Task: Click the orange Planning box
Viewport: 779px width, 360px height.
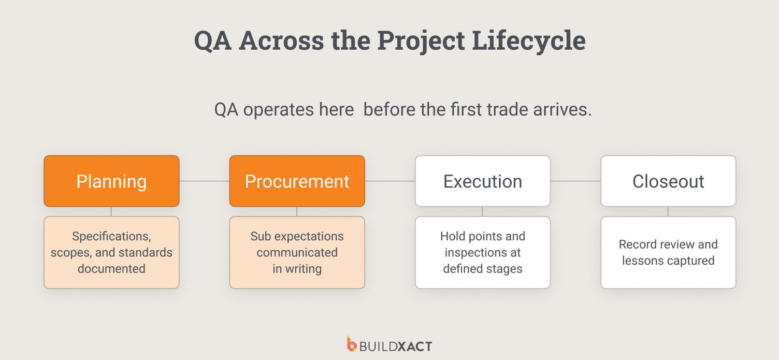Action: click(111, 181)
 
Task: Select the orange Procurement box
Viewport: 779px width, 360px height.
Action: click(297, 181)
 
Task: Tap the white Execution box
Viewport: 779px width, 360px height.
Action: click(482, 181)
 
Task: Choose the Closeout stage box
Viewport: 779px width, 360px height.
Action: click(668, 181)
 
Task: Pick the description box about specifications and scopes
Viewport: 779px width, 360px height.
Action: click(111, 252)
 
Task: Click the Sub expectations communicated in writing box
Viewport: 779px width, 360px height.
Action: click(297, 252)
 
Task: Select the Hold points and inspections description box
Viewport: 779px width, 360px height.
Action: click(482, 252)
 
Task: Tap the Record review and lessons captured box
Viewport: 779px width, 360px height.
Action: click(668, 252)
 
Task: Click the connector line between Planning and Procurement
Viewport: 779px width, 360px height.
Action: click(204, 181)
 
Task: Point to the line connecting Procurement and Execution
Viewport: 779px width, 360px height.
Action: click(389, 181)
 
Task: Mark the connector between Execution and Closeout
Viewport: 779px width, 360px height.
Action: click(575, 181)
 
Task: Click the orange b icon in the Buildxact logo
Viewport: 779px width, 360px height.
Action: click(352, 344)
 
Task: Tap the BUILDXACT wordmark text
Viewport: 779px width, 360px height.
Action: click(396, 346)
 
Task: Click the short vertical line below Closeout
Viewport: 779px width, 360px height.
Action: click(668, 211)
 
